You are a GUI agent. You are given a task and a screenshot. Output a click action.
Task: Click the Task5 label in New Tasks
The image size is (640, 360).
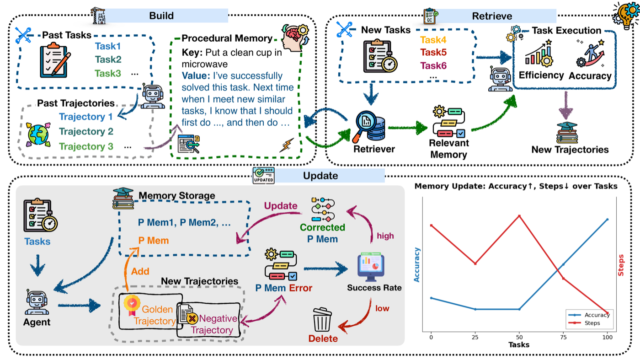[433, 52]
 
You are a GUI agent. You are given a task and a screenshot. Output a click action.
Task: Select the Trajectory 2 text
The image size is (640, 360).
[86, 132]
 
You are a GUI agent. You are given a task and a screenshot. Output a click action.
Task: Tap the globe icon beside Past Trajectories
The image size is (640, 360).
[38, 134]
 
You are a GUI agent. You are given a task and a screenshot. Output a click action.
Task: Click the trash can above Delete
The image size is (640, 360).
[322, 319]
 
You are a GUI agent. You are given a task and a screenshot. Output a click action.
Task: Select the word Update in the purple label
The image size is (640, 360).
[281, 205]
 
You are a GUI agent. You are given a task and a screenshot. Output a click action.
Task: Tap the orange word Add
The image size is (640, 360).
[140, 271]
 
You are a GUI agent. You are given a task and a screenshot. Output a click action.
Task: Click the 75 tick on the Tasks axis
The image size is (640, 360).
[563, 337]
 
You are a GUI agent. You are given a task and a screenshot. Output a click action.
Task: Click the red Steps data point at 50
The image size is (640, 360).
[519, 216]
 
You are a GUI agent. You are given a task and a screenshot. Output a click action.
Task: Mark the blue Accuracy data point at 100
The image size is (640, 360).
[607, 220]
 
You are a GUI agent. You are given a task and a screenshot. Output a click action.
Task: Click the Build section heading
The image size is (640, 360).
[161, 16]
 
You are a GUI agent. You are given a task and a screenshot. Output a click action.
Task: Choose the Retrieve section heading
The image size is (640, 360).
[492, 16]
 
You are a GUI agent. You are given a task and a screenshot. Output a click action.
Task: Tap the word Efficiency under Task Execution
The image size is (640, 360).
[541, 75]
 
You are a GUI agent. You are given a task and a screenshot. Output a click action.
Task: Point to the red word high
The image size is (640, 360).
[385, 236]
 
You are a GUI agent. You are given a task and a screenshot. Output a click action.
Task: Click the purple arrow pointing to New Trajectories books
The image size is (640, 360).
[566, 105]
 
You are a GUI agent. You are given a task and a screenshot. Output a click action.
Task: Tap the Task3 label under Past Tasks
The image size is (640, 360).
[108, 74]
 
